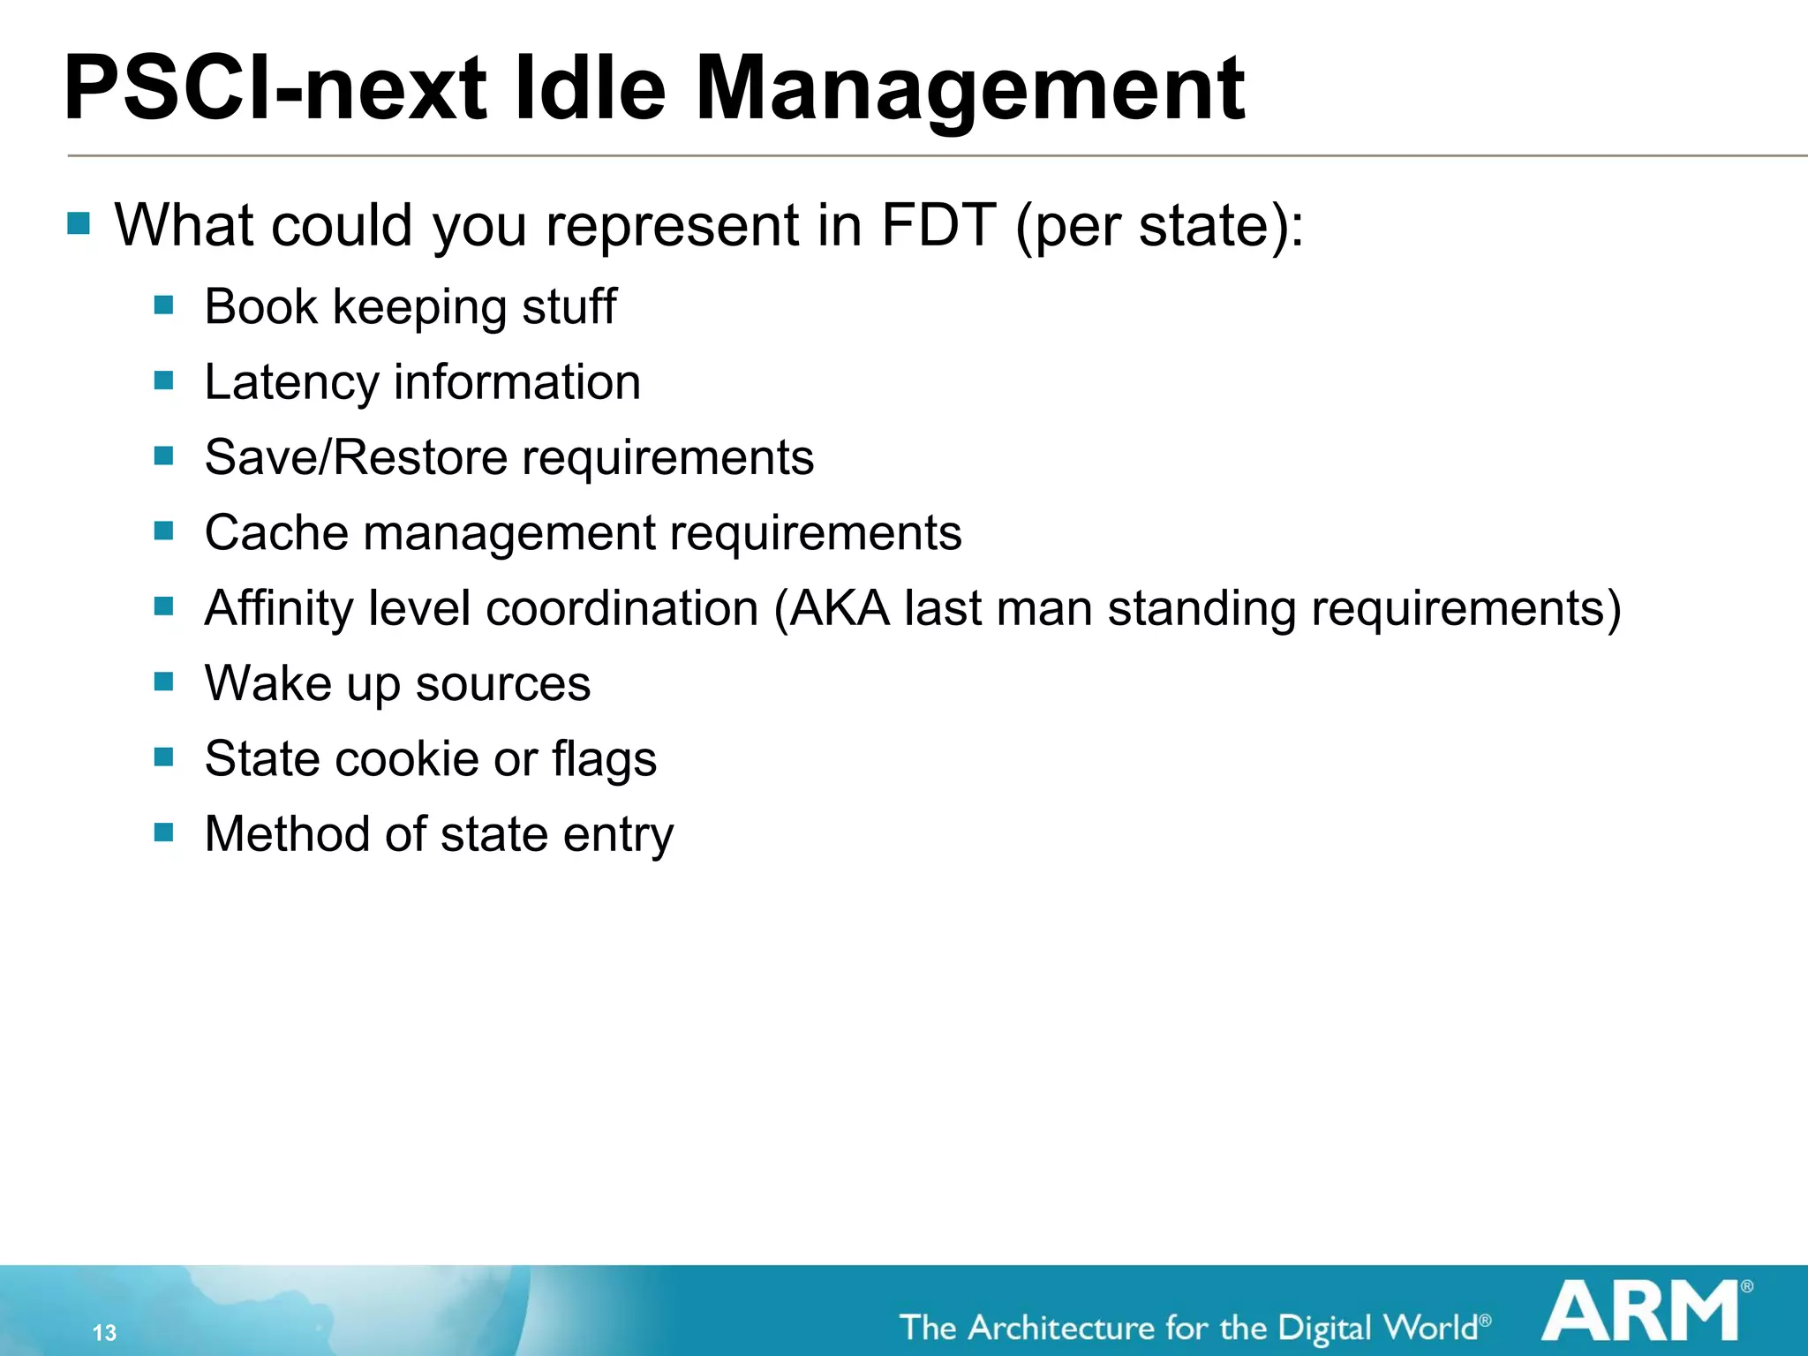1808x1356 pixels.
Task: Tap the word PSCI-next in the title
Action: [x=275, y=88]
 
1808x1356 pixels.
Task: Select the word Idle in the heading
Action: [x=589, y=88]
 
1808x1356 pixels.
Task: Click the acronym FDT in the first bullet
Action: [x=938, y=225]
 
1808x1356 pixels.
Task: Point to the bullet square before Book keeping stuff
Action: [x=163, y=305]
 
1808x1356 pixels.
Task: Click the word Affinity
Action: [x=279, y=609]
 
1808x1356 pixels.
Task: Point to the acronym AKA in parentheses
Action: [x=839, y=608]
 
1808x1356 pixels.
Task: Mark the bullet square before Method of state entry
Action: [x=163, y=832]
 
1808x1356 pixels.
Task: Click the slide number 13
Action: [x=104, y=1332]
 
